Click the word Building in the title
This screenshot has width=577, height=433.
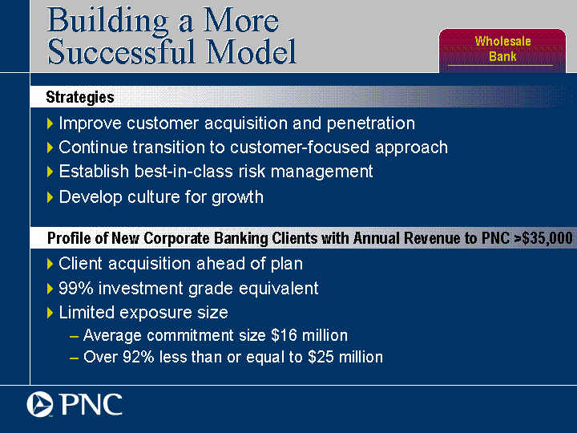point(108,22)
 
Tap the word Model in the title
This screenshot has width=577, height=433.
point(251,51)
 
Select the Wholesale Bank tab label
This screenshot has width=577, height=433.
point(502,49)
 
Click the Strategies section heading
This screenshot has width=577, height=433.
point(80,97)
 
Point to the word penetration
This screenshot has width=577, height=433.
point(371,123)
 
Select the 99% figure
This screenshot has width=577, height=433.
point(76,288)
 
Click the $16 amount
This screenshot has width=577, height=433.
point(284,335)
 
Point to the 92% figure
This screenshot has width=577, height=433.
point(138,357)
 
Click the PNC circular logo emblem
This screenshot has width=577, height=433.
point(40,404)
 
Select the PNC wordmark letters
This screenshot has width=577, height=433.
point(91,404)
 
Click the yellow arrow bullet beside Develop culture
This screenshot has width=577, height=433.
point(50,197)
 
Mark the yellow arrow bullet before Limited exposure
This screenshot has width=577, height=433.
point(50,313)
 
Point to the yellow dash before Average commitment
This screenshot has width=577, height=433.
point(74,337)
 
